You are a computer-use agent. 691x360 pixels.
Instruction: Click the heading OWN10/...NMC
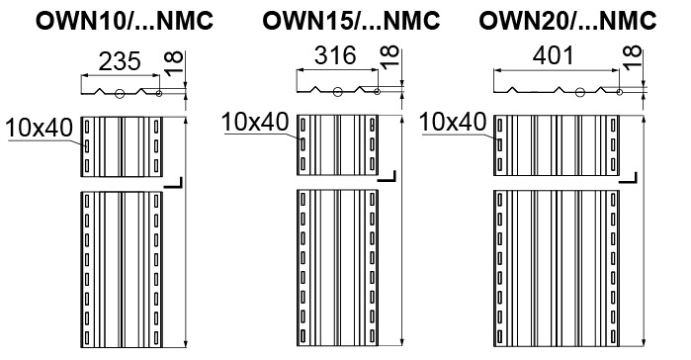125,21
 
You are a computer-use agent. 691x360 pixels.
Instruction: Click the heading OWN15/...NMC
351,20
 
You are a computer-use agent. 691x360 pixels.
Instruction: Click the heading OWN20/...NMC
567,20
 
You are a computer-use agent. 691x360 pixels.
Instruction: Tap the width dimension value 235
120,61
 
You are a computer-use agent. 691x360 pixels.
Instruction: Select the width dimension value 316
335,55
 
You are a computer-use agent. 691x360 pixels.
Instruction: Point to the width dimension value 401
554,56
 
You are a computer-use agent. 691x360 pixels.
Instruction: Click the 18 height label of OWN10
174,63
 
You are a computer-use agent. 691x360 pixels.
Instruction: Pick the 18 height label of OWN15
389,56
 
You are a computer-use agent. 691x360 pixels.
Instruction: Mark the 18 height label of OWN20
632,56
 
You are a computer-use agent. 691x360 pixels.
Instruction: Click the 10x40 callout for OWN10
40,129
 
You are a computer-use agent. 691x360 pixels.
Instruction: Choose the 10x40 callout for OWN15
255,122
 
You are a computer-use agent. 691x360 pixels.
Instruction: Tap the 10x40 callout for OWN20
453,122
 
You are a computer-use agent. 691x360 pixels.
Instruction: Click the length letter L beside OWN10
173,182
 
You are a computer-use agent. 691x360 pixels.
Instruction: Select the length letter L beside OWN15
387,176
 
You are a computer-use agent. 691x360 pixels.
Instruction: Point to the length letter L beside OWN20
628,178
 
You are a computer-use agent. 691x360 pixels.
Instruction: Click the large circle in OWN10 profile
120,93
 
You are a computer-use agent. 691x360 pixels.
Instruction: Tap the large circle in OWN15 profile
337,92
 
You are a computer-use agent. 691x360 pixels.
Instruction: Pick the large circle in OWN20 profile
580,92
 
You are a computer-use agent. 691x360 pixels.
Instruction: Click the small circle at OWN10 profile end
159,93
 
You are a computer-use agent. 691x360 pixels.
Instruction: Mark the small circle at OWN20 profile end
619,92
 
